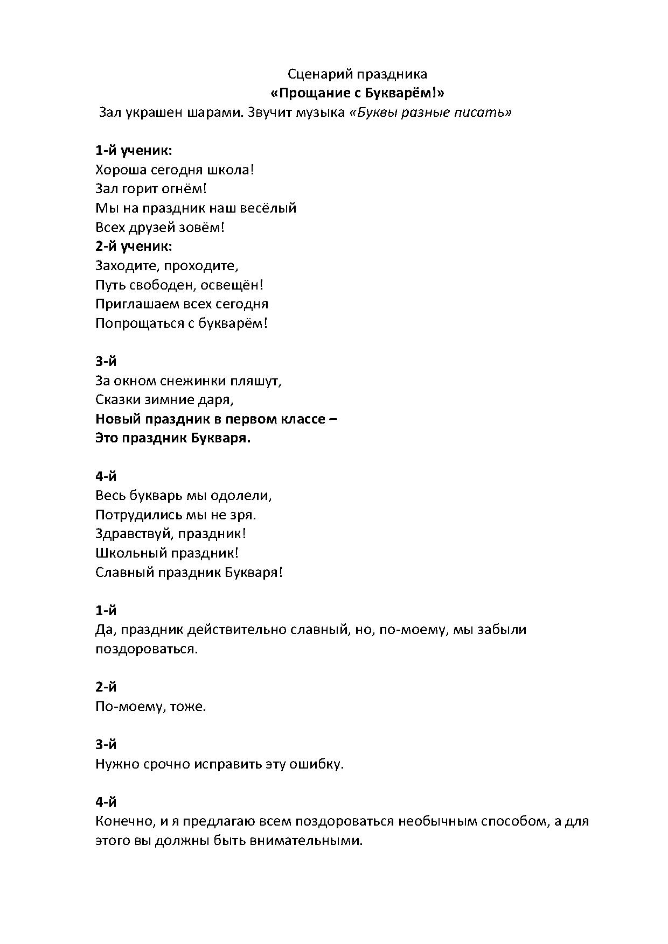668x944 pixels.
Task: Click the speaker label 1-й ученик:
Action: pyautogui.click(x=134, y=151)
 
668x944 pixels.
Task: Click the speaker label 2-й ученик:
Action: pyautogui.click(x=134, y=246)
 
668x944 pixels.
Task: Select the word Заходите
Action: pyautogui.click(x=127, y=266)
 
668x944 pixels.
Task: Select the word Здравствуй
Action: pyautogui.click(x=134, y=534)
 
